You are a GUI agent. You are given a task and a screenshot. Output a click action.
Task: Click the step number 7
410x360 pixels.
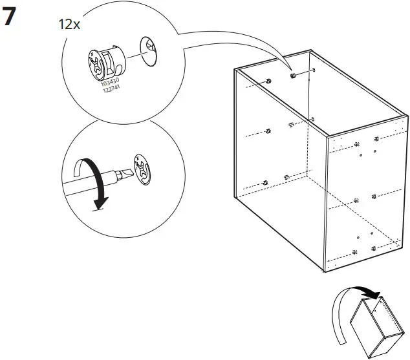coord(9,17)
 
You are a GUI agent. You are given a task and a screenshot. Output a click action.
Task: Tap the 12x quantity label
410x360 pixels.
coord(69,25)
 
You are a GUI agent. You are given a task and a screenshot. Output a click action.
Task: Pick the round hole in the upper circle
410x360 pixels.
coord(149,50)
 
